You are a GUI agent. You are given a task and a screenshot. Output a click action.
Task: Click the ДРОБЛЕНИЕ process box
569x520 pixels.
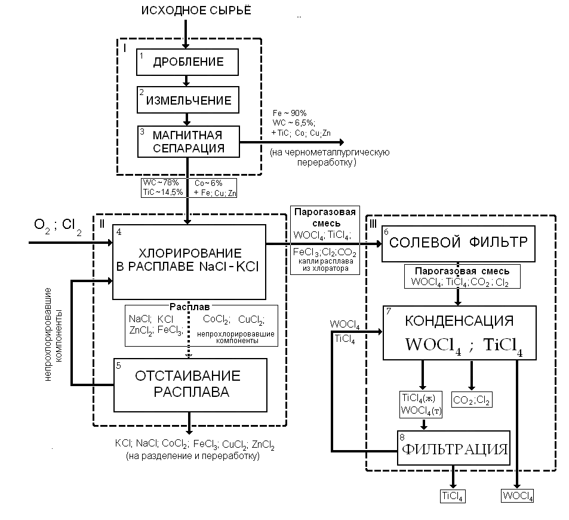tap(187, 62)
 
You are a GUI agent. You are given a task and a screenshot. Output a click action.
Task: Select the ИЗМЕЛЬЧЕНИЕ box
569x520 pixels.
tap(187, 99)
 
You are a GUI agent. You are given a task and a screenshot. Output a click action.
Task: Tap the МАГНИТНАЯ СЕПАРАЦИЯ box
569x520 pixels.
tap(187, 141)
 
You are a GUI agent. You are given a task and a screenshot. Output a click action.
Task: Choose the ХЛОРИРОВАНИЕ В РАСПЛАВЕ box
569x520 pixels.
tap(189, 261)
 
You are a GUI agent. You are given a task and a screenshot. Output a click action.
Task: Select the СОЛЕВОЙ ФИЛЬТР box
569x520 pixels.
tap(458, 244)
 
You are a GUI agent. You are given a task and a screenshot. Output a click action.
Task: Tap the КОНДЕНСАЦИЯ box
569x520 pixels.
tap(458, 332)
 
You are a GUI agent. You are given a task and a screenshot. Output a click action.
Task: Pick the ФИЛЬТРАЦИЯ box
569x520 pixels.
tap(454, 448)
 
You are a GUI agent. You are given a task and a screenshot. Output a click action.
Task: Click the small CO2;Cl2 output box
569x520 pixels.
tap(472, 401)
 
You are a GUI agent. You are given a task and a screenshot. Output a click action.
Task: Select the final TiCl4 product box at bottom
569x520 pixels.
tap(453, 495)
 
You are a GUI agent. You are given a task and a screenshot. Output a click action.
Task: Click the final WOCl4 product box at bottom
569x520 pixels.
tap(518, 495)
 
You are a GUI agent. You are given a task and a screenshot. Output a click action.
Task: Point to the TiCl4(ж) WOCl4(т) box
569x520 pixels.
tap(422, 405)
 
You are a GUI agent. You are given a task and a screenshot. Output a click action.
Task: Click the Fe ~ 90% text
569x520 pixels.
tap(289, 113)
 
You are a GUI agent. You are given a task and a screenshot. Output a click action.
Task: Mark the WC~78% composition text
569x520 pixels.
tap(157, 182)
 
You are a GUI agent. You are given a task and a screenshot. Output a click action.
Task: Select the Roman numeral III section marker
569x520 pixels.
tap(374, 223)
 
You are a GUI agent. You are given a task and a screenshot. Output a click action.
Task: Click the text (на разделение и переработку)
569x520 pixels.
tap(192, 456)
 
